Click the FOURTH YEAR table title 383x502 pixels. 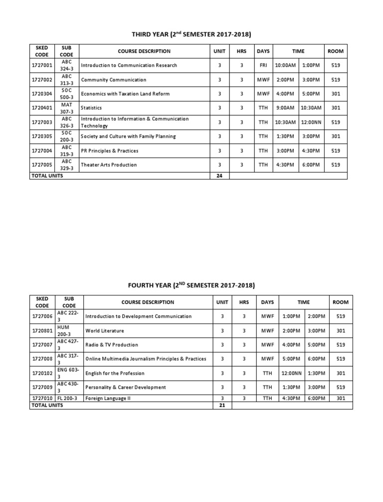point(191,285)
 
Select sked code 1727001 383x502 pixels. point(42,65)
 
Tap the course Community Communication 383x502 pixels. point(114,80)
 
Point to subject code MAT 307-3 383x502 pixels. point(66,108)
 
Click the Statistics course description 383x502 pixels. point(91,108)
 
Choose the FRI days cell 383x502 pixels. point(263,65)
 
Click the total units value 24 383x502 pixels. point(219,176)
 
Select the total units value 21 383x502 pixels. point(222,406)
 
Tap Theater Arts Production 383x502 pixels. point(109,165)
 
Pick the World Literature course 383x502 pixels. point(105,331)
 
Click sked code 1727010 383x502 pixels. point(42,398)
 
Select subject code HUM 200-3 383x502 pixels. point(69,331)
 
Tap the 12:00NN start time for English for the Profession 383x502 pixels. point(291,373)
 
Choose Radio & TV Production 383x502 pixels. point(112,345)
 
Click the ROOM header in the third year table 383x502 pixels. point(335,51)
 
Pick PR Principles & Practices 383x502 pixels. point(110,151)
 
